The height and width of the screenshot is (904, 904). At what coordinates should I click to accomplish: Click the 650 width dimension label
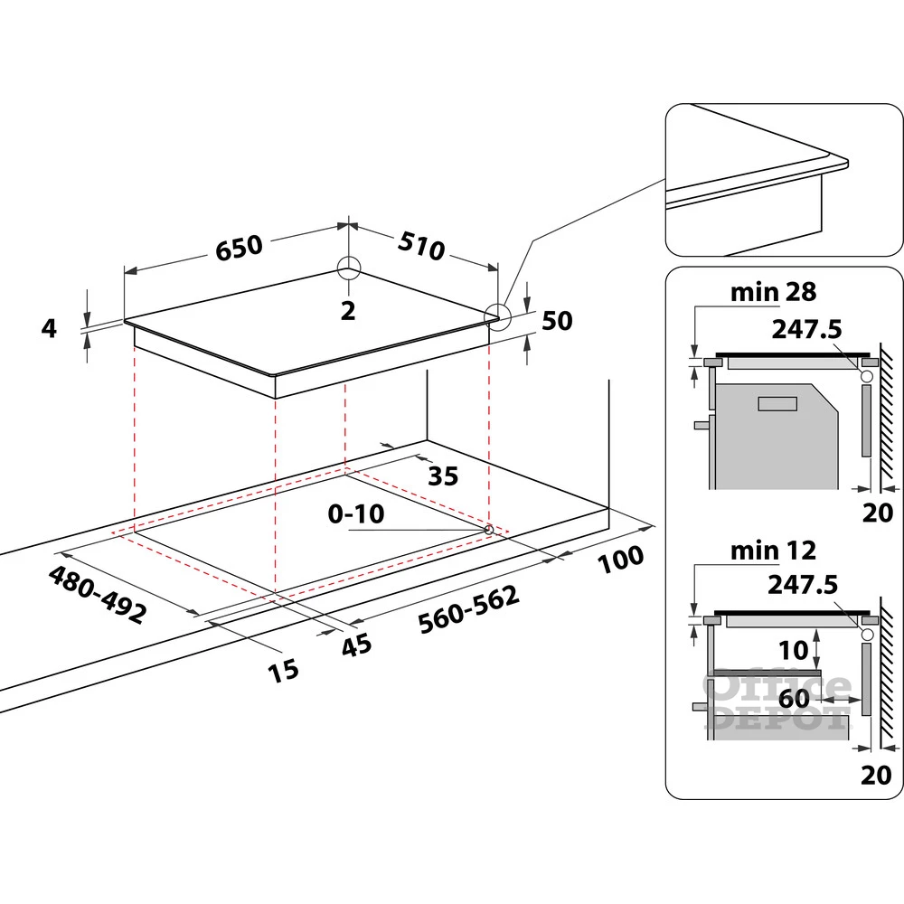coord(239,248)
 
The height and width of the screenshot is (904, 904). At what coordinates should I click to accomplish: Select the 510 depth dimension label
coord(421,246)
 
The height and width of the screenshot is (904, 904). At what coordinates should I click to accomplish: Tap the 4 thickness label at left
coord(49,328)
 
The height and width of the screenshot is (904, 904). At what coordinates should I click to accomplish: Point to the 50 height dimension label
coord(557,321)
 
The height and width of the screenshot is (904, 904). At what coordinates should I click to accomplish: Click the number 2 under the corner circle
coord(348,311)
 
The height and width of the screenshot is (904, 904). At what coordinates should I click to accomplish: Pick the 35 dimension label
coord(443,476)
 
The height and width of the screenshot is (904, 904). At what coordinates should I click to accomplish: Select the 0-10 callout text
coord(355,513)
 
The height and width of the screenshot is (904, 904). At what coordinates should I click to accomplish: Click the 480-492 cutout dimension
coord(97,594)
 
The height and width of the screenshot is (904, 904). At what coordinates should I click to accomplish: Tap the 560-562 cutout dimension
coord(468,610)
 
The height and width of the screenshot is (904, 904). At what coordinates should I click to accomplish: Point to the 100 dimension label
coord(620,559)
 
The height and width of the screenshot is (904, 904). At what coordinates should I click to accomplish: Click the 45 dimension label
coord(356,645)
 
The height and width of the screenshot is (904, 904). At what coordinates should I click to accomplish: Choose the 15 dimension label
coord(283,671)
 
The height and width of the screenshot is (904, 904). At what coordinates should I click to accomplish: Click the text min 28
coord(773,292)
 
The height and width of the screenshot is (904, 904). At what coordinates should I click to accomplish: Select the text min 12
coord(773,551)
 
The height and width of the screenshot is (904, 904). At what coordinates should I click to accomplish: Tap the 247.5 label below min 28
coord(806,329)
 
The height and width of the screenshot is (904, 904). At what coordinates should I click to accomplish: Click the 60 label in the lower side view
coord(794,699)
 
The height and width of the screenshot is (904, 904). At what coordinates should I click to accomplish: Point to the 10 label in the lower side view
coord(794,650)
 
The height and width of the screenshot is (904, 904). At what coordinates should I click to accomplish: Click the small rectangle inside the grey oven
coord(777,403)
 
